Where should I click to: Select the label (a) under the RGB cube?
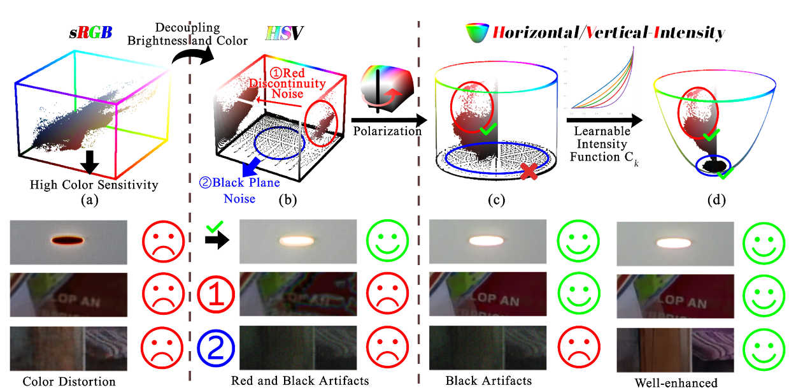(90, 198)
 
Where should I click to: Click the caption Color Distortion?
(69, 381)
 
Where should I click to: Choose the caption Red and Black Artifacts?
(299, 380)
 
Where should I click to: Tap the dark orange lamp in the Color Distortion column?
(69, 240)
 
